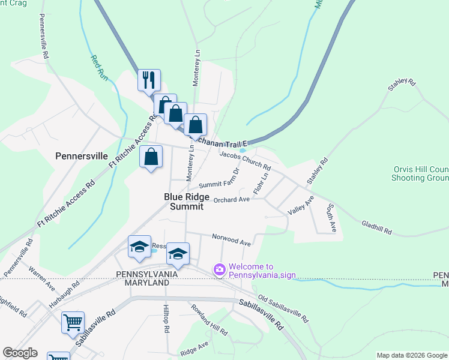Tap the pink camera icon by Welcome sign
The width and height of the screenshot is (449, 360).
click(x=219, y=270)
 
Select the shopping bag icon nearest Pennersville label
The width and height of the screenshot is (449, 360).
click(x=152, y=157)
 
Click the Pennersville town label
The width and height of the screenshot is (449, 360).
click(x=81, y=155)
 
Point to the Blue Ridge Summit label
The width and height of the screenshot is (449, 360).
click(x=187, y=202)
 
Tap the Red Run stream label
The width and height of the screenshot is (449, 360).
click(x=98, y=68)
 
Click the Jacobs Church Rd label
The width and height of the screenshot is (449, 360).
click(x=245, y=159)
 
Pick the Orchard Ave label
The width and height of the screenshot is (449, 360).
click(x=231, y=199)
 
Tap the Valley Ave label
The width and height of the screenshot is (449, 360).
click(x=301, y=205)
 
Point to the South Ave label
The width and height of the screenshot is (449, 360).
click(x=331, y=218)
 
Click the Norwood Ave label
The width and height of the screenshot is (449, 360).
click(x=231, y=239)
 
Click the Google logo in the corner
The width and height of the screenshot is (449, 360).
click(x=20, y=353)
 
